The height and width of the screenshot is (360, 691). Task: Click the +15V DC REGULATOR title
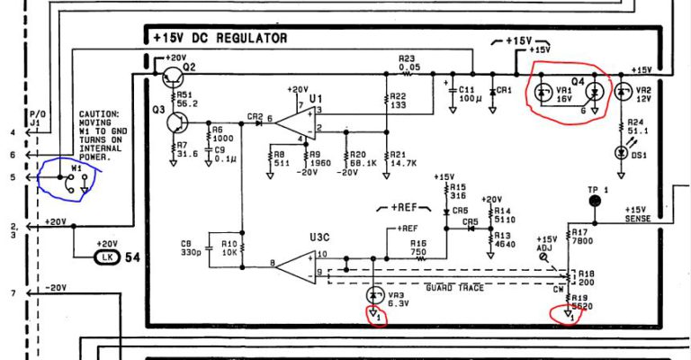pos(220,38)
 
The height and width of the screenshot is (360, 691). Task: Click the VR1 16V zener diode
pos(542,92)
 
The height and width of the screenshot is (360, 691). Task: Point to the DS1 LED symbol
pos(620,152)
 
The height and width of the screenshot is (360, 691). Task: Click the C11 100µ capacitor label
pos(468,94)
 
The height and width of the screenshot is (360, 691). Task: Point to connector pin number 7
pos(13,294)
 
